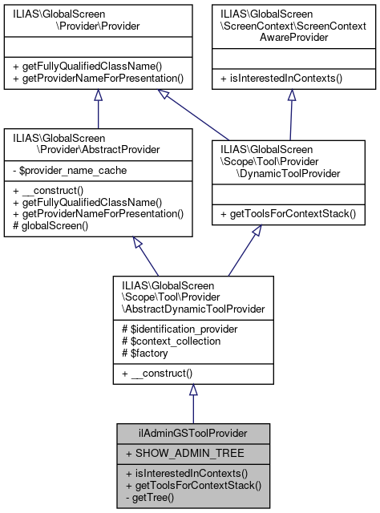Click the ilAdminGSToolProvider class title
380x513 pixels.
[x=192, y=432]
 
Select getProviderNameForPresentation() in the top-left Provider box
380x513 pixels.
[x=98, y=78]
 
